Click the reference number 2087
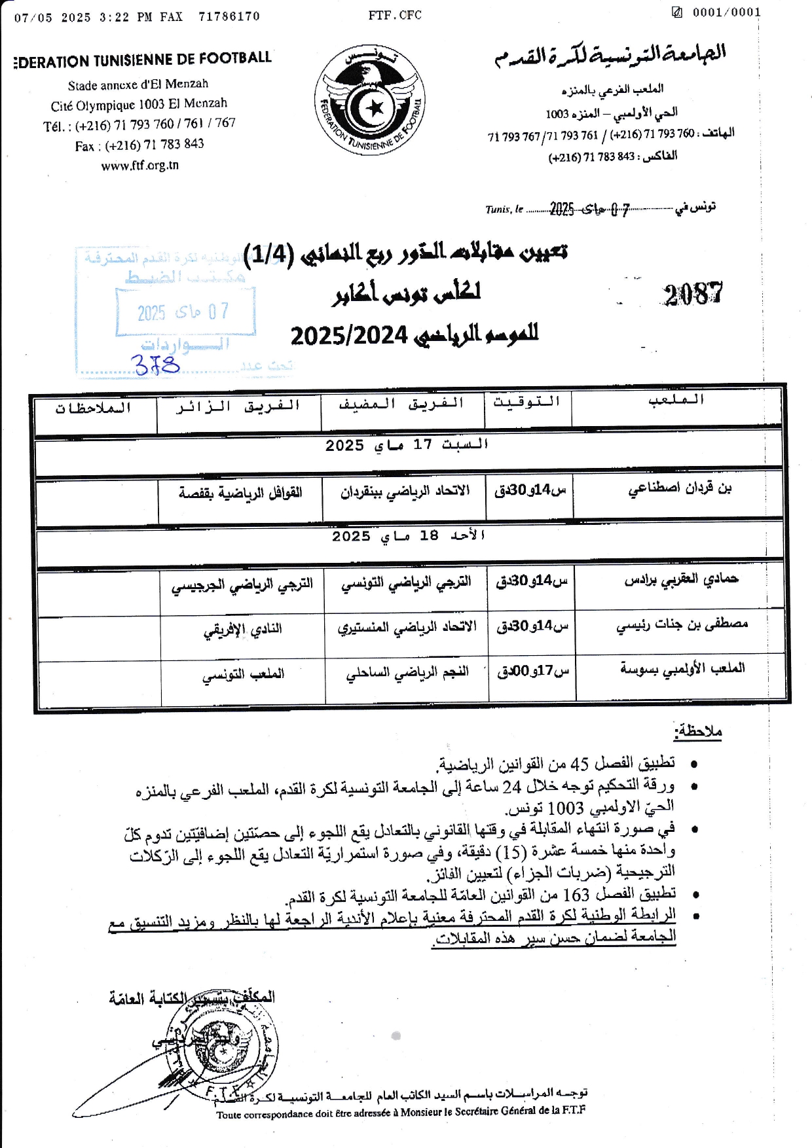click(x=693, y=295)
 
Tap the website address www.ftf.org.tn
click(x=139, y=166)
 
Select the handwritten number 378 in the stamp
click(x=157, y=364)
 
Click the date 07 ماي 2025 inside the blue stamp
click(x=184, y=312)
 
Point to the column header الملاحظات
click(x=94, y=408)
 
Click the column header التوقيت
click(x=527, y=402)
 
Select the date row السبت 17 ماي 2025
click(x=407, y=445)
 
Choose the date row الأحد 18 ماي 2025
click(x=409, y=536)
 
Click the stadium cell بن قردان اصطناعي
click(x=680, y=488)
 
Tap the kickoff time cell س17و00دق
click(x=533, y=672)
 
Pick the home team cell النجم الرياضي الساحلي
click(x=407, y=673)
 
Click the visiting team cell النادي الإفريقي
click(x=242, y=629)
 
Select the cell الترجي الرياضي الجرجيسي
click(x=242, y=584)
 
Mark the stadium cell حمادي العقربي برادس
click(x=681, y=579)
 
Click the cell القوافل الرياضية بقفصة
click(x=240, y=492)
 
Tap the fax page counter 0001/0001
click(x=726, y=12)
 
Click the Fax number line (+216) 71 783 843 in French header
click(x=139, y=145)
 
